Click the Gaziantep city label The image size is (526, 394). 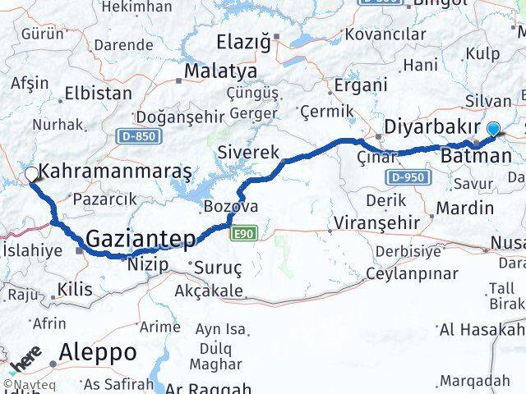[141, 239]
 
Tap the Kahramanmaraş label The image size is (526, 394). [115, 172]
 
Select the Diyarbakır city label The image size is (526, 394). [432, 127]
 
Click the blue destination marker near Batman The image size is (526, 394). [493, 128]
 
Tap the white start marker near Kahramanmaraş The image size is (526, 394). [31, 174]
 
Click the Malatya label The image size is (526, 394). [219, 71]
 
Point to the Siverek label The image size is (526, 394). [248, 152]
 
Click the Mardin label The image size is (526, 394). [464, 208]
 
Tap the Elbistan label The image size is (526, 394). [98, 93]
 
